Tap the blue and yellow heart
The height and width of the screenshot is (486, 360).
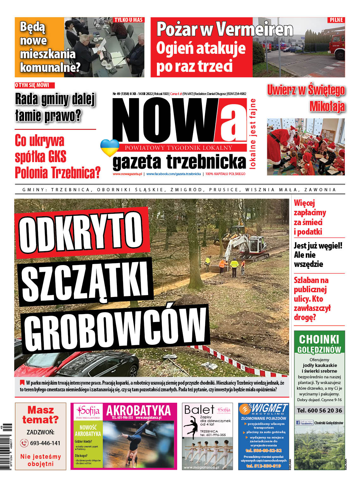[x=109, y=148]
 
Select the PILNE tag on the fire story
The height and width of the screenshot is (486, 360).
[x=336, y=20]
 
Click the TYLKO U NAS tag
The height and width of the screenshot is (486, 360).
[x=128, y=20]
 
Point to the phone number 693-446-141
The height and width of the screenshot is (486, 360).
[x=45, y=443]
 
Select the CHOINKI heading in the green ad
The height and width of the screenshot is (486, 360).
[x=319, y=339]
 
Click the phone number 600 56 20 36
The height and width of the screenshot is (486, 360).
[x=320, y=410]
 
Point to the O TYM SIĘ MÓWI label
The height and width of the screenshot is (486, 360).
[x=34, y=85]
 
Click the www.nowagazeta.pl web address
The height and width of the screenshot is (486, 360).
[x=127, y=174]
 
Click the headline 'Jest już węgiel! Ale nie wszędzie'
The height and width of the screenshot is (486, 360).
[x=318, y=255]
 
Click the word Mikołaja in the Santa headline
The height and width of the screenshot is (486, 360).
[x=327, y=106]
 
